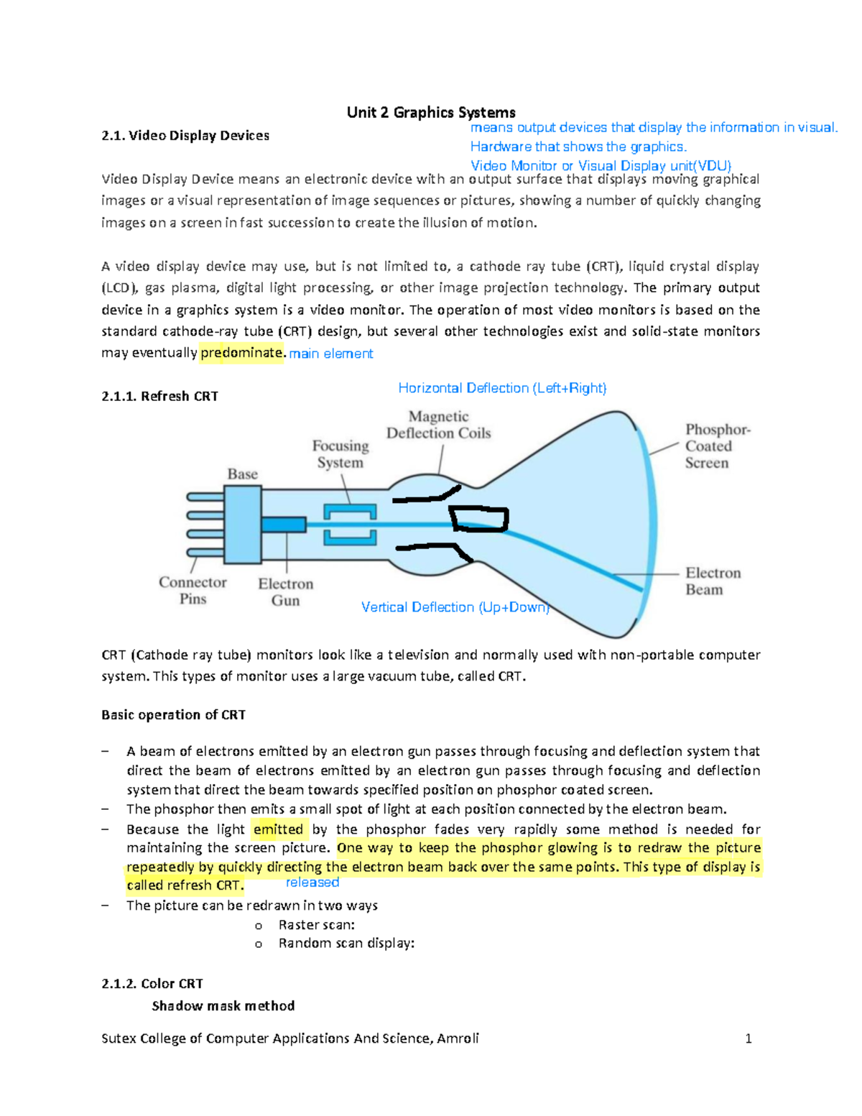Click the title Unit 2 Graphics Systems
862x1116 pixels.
tap(431, 112)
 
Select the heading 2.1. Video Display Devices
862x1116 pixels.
tap(185, 136)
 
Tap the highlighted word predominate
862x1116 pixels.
tap(241, 353)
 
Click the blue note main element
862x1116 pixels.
tap(330, 354)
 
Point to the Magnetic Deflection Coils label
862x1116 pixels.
tap(439, 425)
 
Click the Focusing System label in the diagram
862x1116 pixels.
tap(340, 454)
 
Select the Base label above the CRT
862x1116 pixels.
tap(243, 474)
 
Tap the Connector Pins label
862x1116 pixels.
tap(193, 590)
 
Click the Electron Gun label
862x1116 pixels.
tap(286, 591)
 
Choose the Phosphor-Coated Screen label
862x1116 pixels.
tap(717, 446)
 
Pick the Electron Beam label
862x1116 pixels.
tap(712, 581)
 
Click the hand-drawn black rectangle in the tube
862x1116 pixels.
tap(479, 519)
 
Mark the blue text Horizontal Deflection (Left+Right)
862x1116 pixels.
tap(502, 388)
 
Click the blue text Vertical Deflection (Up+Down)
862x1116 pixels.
tap(455, 607)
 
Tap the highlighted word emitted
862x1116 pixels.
tap(279, 829)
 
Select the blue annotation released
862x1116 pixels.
tap(312, 882)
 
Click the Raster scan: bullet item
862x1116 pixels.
tap(317, 925)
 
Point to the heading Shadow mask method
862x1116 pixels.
tap(223, 1005)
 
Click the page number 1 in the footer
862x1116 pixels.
tap(749, 1038)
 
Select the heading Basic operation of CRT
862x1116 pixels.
tap(174, 715)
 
